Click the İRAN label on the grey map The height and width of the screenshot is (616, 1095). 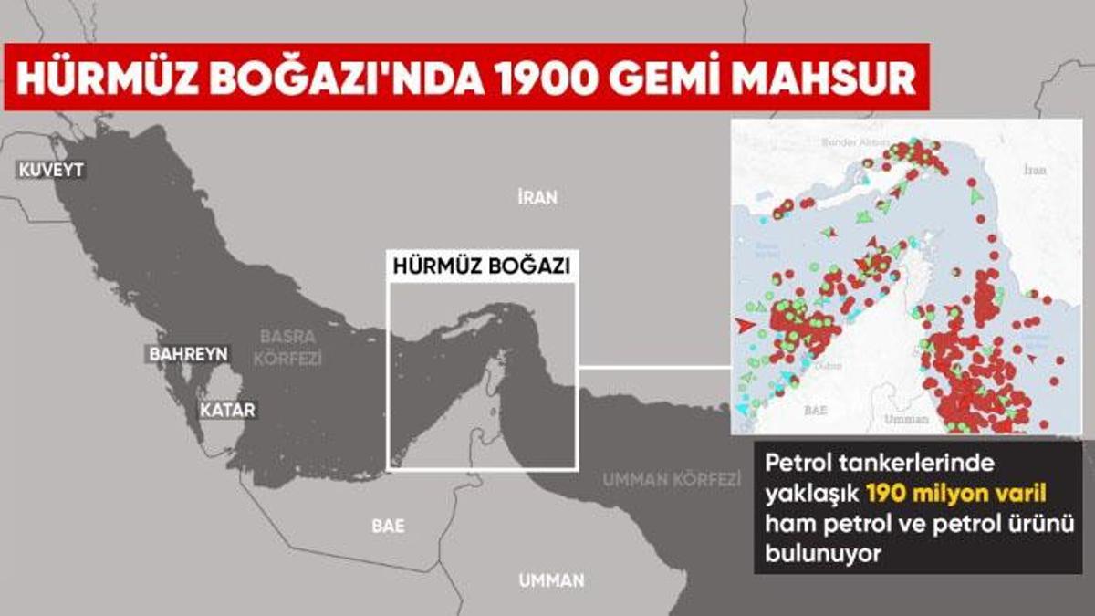pyautogui.click(x=537, y=197)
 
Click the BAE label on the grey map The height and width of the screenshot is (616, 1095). pyautogui.click(x=389, y=527)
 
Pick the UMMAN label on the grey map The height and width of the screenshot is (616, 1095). pyautogui.click(x=551, y=580)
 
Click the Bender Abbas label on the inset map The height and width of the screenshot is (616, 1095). pyautogui.click(x=856, y=142)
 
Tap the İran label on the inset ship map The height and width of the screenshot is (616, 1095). pyautogui.click(x=1035, y=170)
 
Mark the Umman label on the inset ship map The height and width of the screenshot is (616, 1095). pyautogui.click(x=906, y=419)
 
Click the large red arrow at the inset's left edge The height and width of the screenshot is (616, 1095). pyautogui.click(x=744, y=325)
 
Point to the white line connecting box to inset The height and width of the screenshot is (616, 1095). pyautogui.click(x=654, y=369)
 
